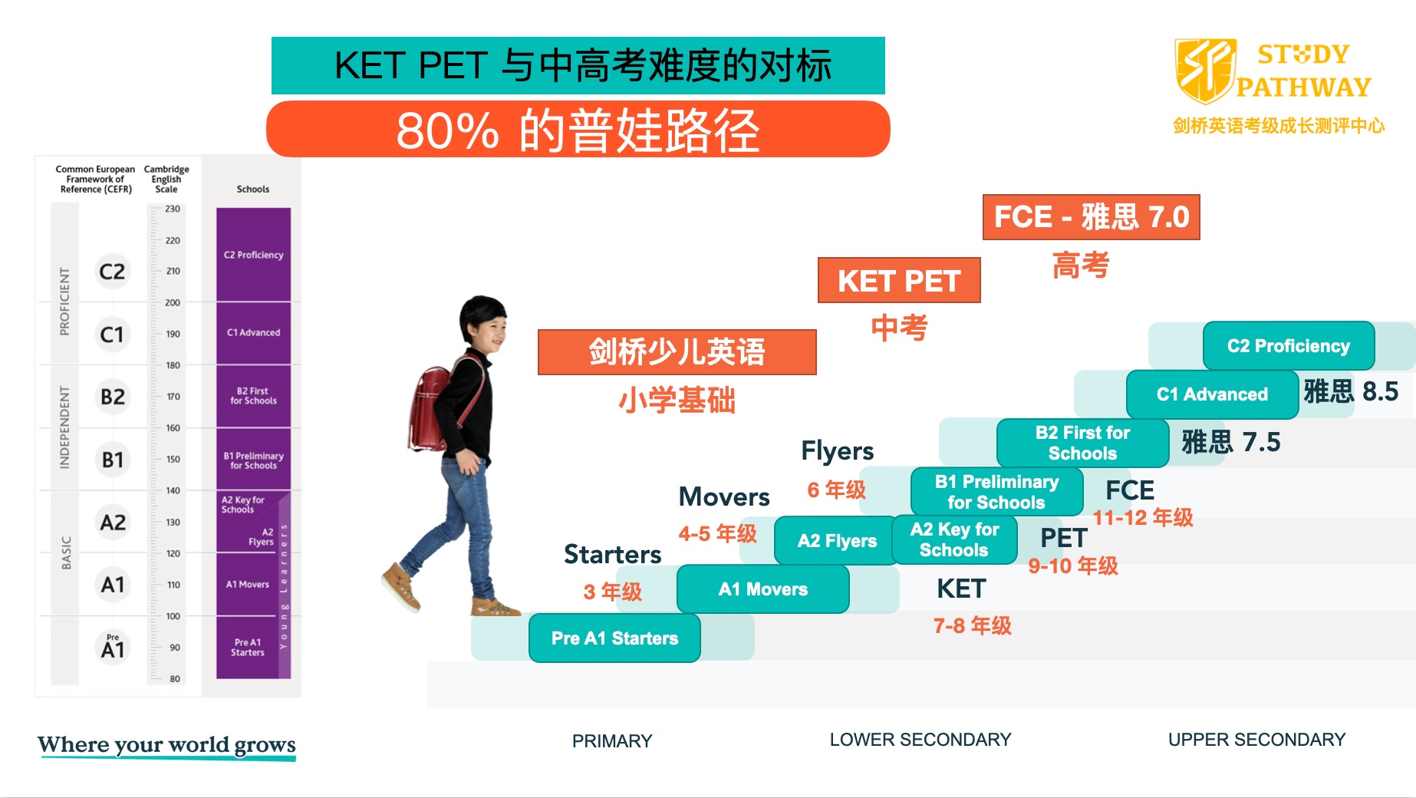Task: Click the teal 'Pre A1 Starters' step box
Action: point(614,638)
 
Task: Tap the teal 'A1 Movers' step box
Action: point(762,589)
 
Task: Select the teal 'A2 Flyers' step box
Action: point(835,541)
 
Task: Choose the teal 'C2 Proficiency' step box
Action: point(1288,346)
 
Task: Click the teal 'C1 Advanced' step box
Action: point(1211,394)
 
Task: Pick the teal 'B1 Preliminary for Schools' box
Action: point(996,492)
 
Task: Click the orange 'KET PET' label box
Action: point(899,281)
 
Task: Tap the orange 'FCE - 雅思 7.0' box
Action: point(1091,217)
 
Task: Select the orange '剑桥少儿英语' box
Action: point(677,352)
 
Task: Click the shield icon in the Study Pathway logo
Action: point(1204,71)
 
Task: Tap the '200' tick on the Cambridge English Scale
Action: point(173,302)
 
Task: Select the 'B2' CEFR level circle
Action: point(113,397)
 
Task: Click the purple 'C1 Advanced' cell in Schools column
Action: point(253,332)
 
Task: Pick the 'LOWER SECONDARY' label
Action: point(920,740)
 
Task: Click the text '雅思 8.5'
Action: point(1351,391)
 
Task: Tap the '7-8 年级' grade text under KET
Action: point(972,626)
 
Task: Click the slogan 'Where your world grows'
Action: point(166,745)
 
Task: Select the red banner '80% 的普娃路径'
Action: point(578,130)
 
